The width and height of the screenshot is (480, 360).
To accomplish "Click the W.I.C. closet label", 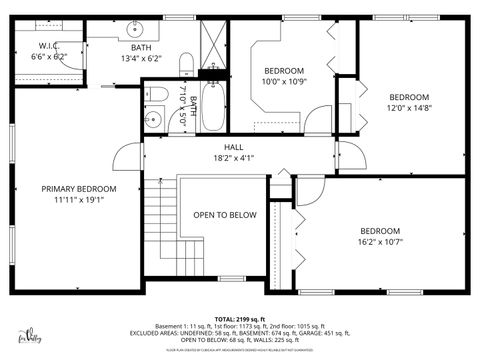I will coord(48,46).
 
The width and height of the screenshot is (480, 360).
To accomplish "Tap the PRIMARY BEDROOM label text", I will coord(78,189).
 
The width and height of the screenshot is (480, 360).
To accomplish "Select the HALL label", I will coord(233,147).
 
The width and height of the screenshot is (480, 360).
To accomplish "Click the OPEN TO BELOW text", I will coord(225,215).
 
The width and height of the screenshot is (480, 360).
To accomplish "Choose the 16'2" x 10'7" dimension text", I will coord(380,241).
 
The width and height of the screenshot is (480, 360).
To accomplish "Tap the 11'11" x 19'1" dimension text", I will coord(78,200).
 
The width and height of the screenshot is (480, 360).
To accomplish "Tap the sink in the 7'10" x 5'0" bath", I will coord(153,120).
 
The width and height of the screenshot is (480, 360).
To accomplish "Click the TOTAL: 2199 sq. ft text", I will coord(239,317).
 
